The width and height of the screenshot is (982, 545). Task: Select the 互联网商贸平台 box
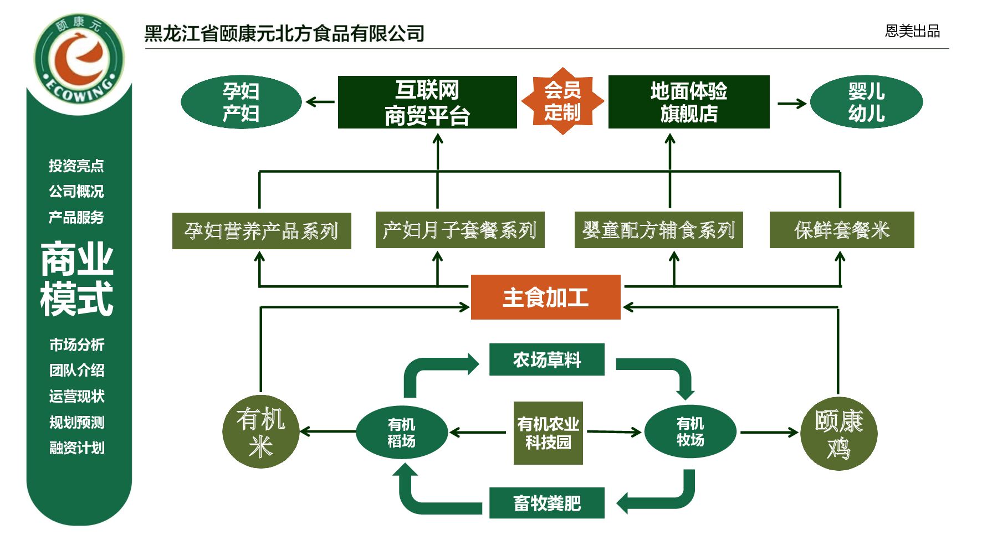[x=427, y=102]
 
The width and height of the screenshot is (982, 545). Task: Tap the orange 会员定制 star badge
[x=562, y=101]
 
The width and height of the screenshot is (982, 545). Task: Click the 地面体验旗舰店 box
[x=689, y=102]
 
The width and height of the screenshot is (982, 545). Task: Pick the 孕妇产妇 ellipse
[x=241, y=102]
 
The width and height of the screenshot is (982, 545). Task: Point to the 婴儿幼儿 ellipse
[x=866, y=102]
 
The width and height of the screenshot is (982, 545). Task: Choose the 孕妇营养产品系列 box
[x=262, y=230]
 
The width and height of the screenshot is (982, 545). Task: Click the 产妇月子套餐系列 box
[x=460, y=230]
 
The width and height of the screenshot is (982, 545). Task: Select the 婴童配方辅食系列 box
[x=658, y=230]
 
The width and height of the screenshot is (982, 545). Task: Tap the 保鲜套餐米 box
[x=842, y=230]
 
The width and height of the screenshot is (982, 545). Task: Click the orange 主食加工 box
[x=545, y=297]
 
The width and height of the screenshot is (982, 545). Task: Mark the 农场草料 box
[x=546, y=360]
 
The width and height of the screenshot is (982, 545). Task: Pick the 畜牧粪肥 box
[x=546, y=503]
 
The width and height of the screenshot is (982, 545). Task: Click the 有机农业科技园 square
[x=548, y=433]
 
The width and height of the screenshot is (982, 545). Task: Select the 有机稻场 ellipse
[x=402, y=433]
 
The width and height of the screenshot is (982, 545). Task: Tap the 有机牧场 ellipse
[x=690, y=432]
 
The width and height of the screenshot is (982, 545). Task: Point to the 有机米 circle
[x=260, y=432]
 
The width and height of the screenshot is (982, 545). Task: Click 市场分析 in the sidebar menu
[x=77, y=345]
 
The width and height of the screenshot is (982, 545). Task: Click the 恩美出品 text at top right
[x=912, y=31]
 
